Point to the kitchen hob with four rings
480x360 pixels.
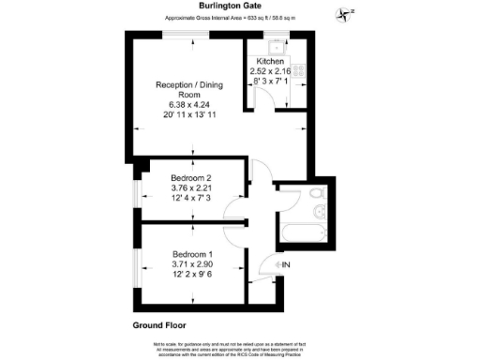300,69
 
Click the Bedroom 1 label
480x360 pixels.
195,255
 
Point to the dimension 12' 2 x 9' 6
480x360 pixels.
195,277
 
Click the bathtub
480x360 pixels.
304,232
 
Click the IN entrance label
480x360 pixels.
287,266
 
